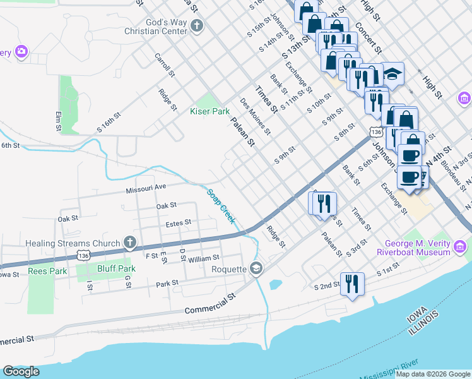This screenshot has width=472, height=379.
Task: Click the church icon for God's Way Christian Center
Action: (197, 26)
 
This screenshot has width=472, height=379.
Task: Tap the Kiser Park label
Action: (210, 111)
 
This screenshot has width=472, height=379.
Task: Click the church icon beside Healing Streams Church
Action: (129, 243)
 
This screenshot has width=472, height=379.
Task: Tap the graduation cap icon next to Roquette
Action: (256, 268)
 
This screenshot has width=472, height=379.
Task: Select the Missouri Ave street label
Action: (145, 187)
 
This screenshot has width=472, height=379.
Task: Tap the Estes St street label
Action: (178, 223)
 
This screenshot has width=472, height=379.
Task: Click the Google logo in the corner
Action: (21, 371)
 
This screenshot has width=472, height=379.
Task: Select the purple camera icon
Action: (22, 51)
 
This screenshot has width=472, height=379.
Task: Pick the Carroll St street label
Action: (165, 66)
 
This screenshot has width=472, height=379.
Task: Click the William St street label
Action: (203, 258)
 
